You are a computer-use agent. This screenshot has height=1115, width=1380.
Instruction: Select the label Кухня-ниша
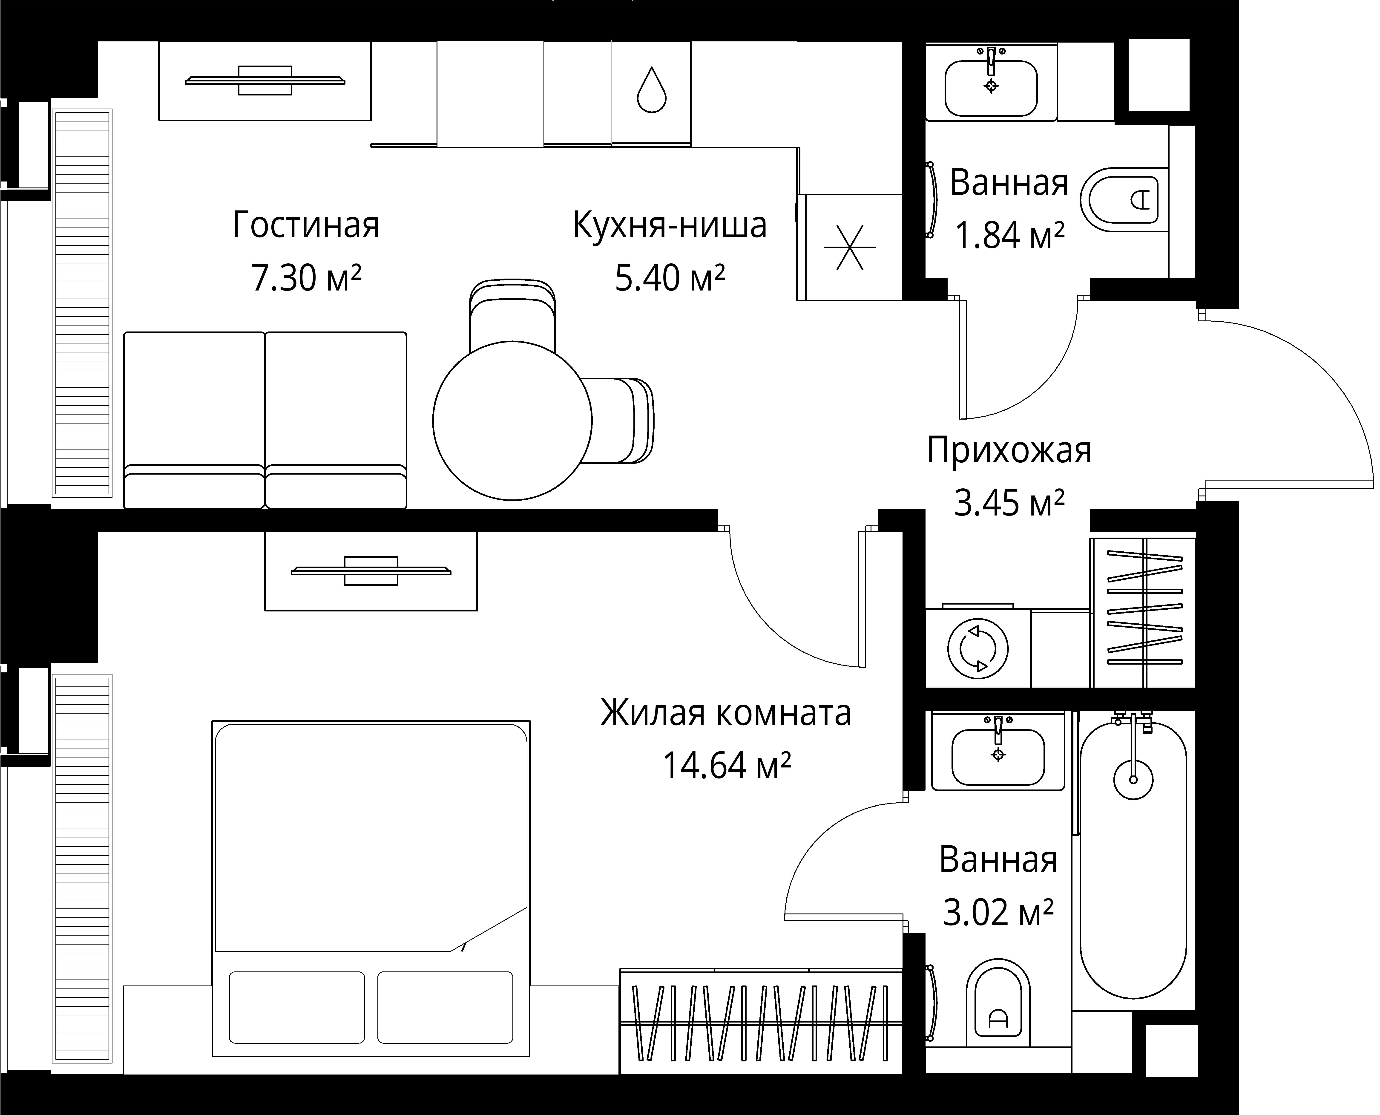tap(670, 225)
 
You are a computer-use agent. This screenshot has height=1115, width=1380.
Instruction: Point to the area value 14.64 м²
tap(726, 765)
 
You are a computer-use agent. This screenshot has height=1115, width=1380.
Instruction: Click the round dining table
tap(512, 421)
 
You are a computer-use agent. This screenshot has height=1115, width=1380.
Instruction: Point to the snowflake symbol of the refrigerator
tap(850, 247)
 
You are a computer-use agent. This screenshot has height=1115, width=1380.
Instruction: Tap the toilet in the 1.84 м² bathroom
tap(1124, 200)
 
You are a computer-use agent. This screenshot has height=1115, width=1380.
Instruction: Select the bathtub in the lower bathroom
tap(1133, 861)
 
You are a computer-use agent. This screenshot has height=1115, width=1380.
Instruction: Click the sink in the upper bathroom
tap(991, 88)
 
